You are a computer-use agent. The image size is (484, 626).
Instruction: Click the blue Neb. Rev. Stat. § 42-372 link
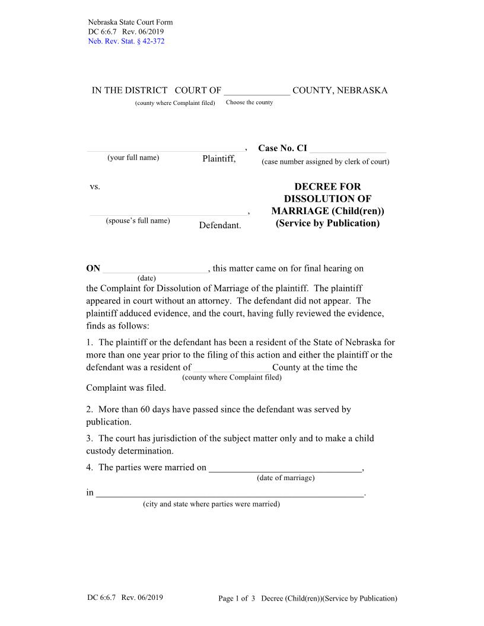point(126,41)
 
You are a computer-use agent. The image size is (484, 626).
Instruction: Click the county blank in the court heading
point(256,91)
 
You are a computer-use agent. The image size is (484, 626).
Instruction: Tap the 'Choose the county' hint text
point(249,103)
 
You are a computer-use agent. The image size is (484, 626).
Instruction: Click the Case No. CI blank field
point(348,149)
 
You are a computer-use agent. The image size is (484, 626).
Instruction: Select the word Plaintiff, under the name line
point(219,158)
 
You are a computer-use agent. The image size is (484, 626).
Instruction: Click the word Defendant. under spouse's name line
point(220,226)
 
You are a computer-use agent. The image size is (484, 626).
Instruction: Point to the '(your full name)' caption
point(133,158)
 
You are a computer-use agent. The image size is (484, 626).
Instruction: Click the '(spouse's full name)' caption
point(138,221)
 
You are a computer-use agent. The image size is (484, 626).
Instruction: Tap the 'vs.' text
point(95,187)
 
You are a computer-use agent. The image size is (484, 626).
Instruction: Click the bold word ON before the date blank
point(93,269)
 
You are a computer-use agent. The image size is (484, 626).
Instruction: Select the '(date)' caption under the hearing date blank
point(147,278)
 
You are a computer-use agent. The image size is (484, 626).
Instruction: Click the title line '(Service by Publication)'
point(327,223)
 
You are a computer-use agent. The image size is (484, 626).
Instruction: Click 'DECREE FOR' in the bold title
point(327,187)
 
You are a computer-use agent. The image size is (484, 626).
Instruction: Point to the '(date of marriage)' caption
point(285,478)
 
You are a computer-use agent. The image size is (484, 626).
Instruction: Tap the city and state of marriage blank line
point(230,493)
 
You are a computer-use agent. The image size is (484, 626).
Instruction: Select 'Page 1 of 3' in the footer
point(236,599)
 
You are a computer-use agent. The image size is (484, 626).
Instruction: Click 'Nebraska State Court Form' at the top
point(129,23)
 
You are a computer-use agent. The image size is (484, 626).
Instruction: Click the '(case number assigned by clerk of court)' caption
point(325,162)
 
